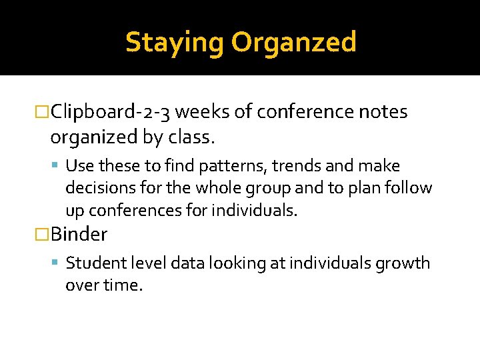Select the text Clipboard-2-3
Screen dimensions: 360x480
(110, 112)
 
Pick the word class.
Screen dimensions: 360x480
(193, 137)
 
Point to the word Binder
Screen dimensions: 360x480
(79, 234)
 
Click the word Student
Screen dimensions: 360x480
(90, 263)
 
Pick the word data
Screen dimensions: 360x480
(189, 263)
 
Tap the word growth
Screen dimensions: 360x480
(405, 263)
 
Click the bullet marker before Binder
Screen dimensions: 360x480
(43, 235)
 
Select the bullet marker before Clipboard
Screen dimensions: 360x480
(43, 113)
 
